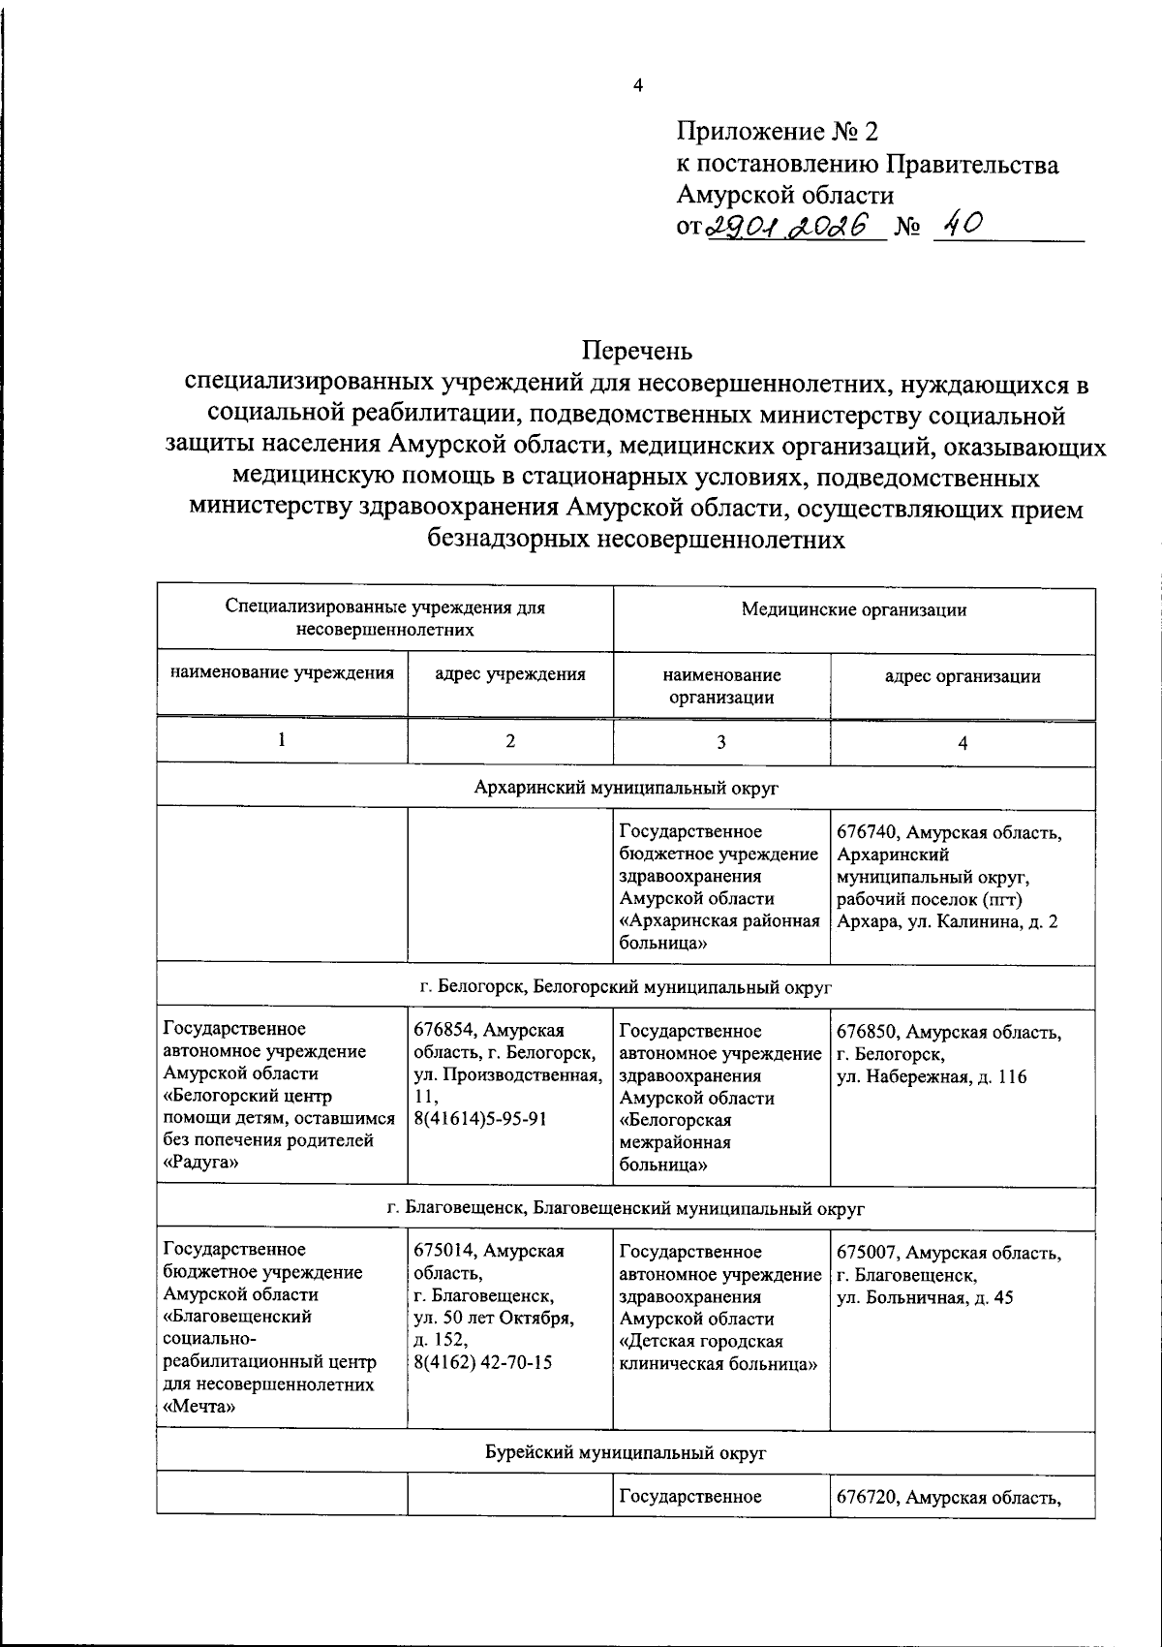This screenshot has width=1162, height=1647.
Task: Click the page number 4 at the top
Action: (x=637, y=86)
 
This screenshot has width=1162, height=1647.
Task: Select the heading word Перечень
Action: (x=637, y=349)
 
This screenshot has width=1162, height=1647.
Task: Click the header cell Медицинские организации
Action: (x=853, y=609)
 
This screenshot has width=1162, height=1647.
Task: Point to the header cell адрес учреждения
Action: (x=510, y=674)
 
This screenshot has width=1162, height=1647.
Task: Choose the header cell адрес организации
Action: (x=963, y=676)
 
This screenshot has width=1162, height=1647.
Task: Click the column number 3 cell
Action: (x=720, y=742)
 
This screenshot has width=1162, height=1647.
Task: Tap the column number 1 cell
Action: (x=282, y=740)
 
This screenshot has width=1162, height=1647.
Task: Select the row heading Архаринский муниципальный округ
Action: (x=627, y=788)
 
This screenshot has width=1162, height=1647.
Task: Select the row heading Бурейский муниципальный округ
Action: (x=626, y=1453)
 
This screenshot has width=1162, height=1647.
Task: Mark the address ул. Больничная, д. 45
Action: (x=924, y=1297)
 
